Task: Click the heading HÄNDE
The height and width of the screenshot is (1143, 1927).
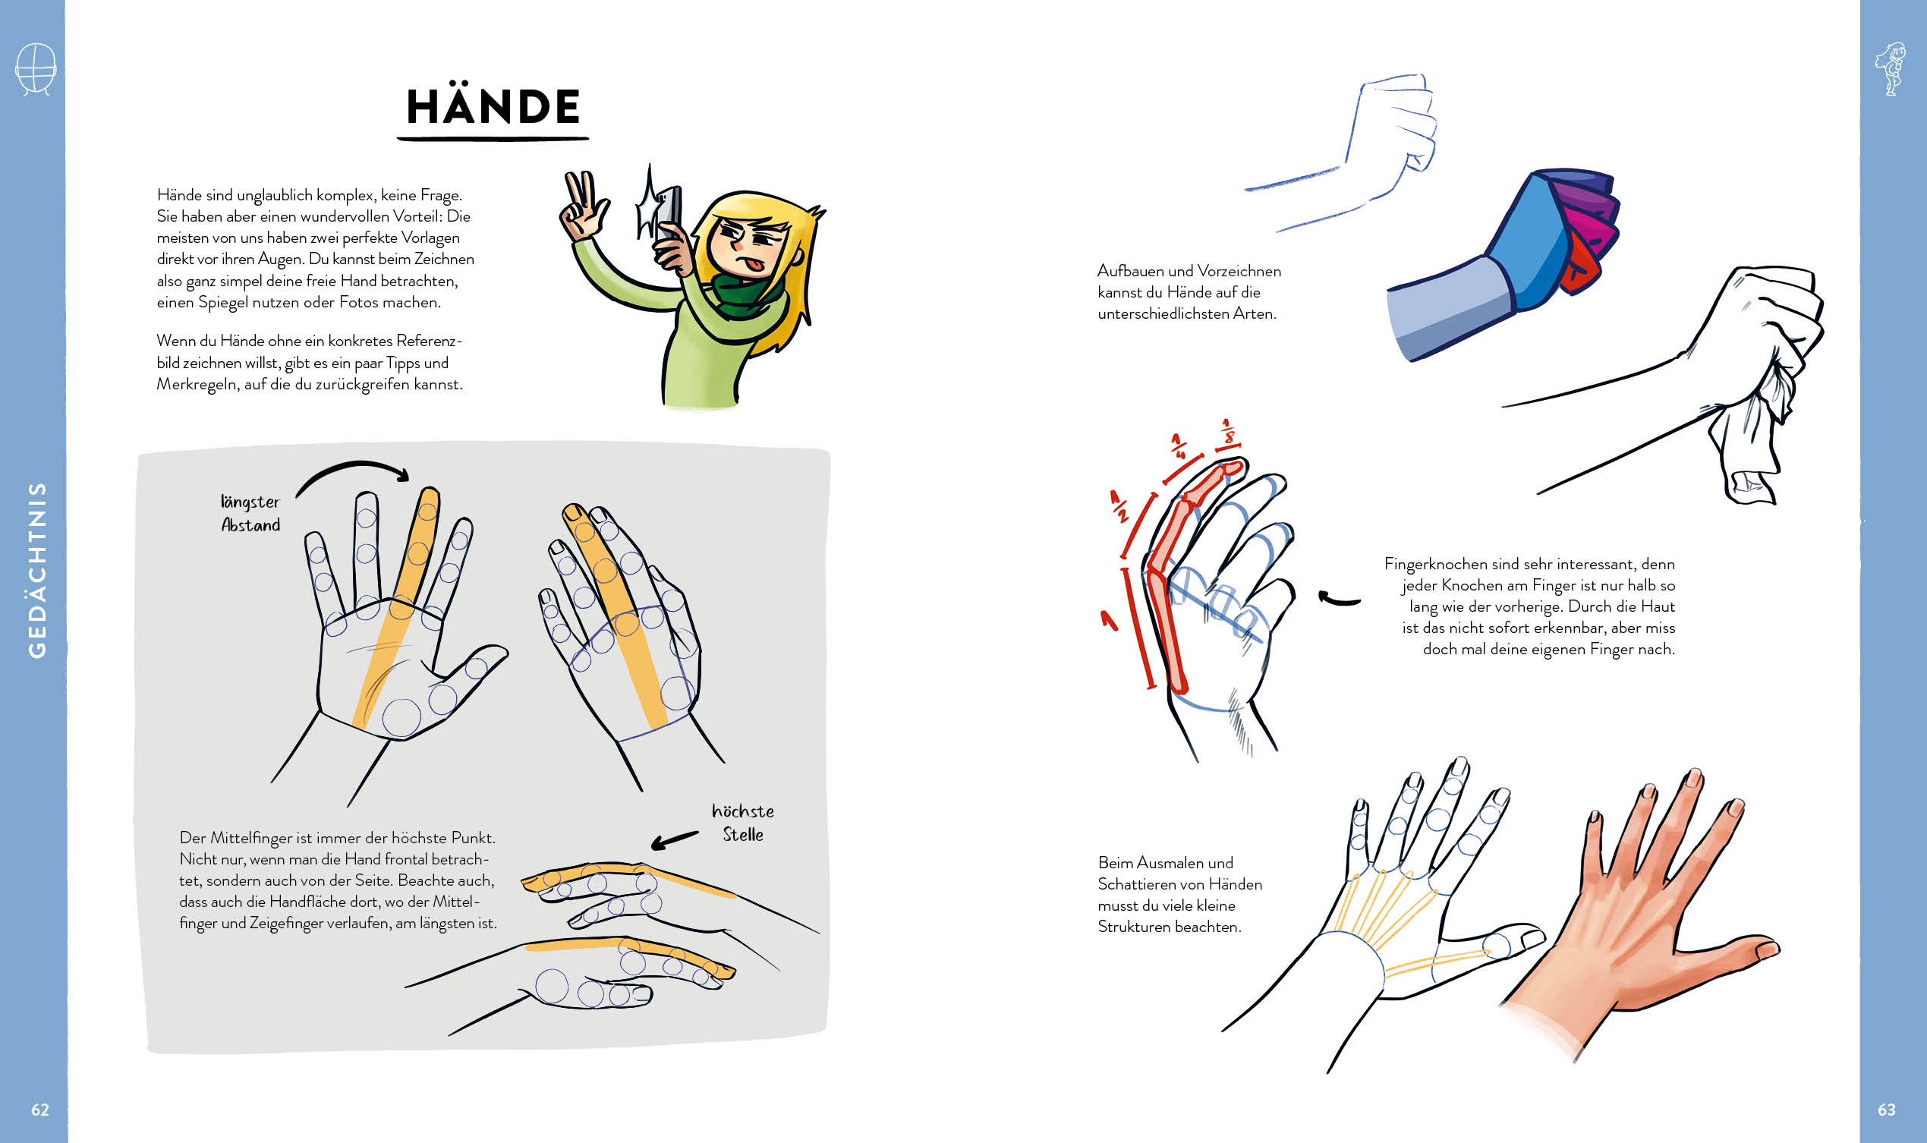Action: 493,106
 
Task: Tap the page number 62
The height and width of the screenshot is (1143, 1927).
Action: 40,1109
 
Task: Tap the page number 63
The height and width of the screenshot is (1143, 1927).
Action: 1886,1109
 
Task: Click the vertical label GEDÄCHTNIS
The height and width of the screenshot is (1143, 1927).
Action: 37,570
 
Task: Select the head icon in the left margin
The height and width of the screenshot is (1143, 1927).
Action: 36,68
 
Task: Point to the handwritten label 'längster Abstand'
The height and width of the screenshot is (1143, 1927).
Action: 250,514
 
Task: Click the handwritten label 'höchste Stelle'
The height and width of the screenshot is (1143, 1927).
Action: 742,823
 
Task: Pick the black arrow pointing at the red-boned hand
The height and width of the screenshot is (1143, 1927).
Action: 1339,600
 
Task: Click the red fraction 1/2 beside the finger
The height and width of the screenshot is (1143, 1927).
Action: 1118,507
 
